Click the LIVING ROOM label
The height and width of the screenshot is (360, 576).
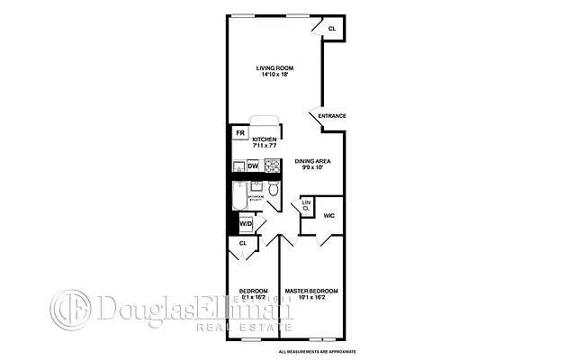[274, 68]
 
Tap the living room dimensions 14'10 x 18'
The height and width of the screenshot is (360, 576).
[274, 76]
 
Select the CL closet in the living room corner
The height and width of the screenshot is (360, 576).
[331, 29]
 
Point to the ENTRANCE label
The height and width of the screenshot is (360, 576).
[332, 115]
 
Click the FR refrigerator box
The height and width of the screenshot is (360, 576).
[240, 134]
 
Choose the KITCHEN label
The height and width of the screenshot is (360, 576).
[265, 139]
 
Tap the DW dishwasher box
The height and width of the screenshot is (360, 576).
[253, 166]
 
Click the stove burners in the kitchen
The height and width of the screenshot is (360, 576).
[272, 165]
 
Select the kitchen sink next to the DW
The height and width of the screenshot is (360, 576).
[238, 166]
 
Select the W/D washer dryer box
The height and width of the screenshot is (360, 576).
[246, 224]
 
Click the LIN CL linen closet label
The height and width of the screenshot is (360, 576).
[306, 205]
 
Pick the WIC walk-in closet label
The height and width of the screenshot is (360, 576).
[329, 216]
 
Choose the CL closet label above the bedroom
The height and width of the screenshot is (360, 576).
[243, 243]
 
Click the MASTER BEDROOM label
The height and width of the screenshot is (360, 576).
[311, 291]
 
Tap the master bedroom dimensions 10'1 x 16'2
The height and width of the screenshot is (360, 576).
[311, 298]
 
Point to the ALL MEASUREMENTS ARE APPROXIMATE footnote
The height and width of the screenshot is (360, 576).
[318, 351]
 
